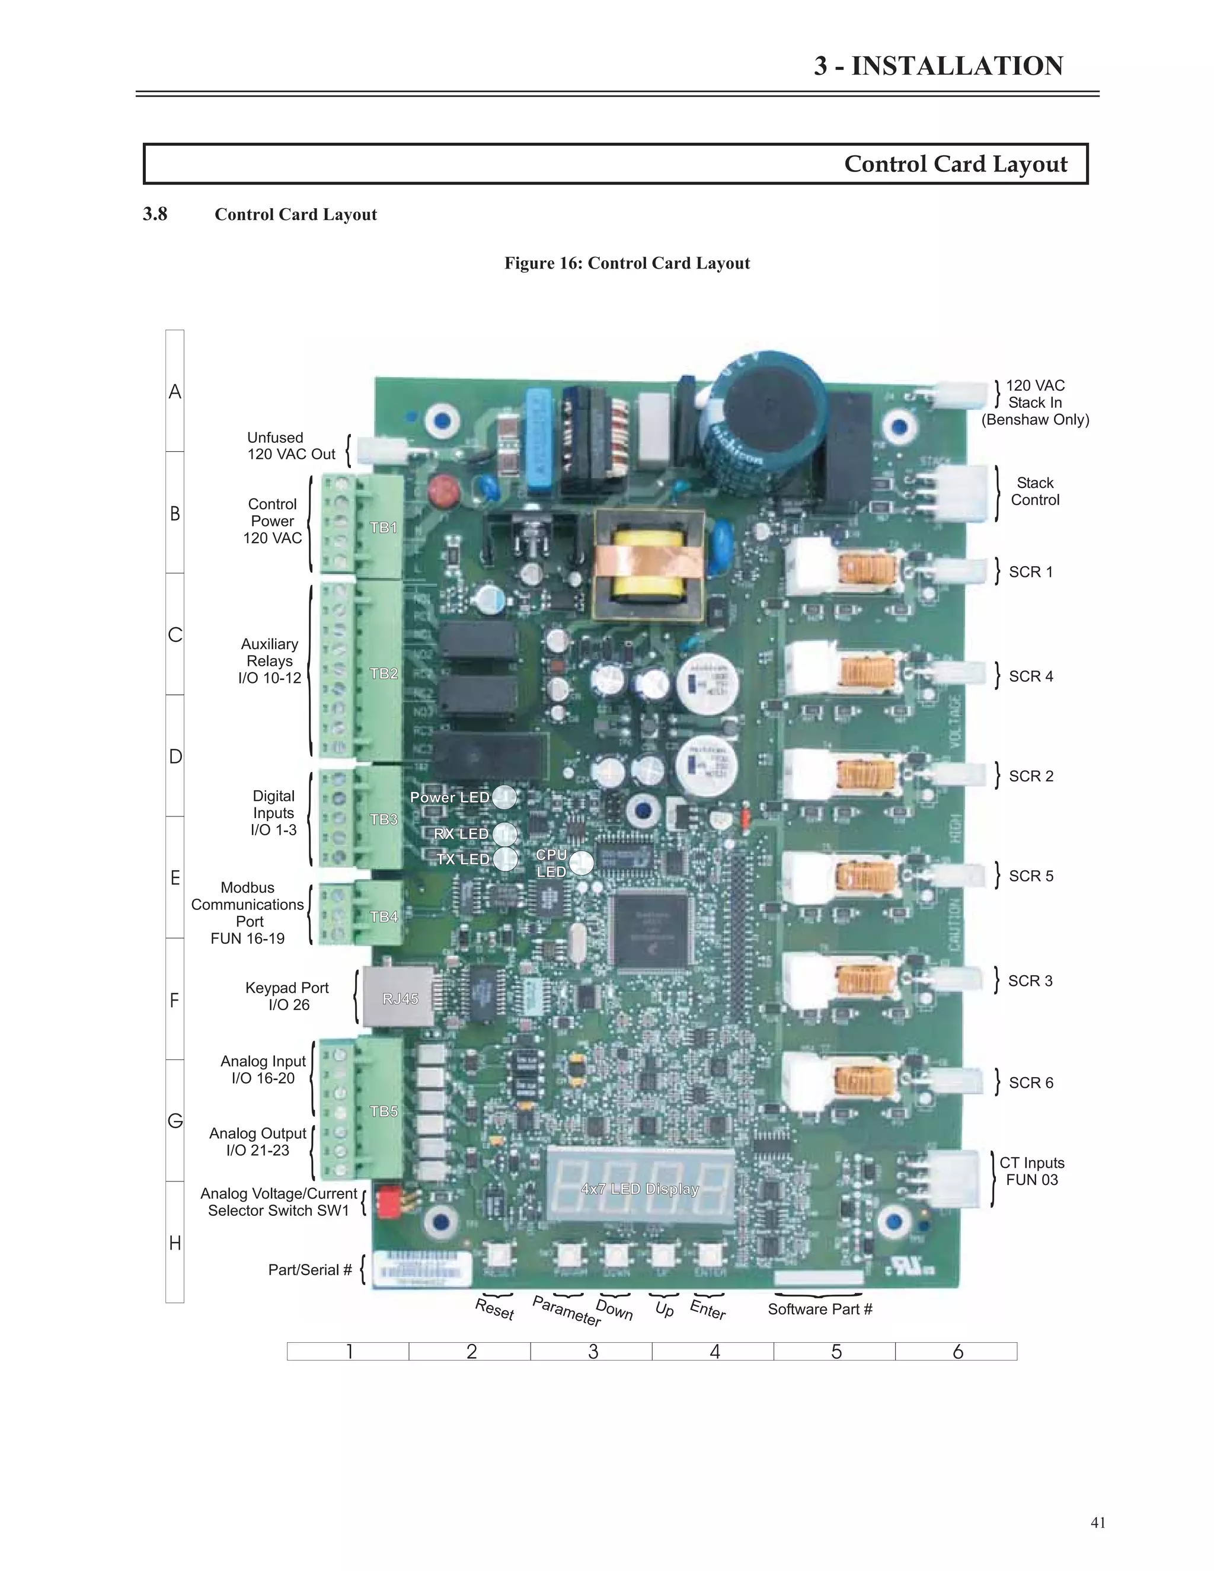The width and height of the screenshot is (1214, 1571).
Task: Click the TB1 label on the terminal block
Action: [384, 527]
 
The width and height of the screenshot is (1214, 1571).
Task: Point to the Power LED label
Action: [449, 797]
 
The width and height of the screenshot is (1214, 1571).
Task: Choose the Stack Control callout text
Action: [1034, 491]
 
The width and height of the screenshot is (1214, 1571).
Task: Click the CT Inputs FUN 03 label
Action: [1031, 1171]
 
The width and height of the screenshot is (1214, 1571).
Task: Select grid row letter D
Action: [175, 756]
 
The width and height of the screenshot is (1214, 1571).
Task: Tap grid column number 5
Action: [836, 1352]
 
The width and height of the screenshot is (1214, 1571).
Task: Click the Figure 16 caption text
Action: [627, 263]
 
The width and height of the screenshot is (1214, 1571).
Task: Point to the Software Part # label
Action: [819, 1309]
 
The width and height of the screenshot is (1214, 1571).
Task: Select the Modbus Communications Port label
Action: [247, 913]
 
